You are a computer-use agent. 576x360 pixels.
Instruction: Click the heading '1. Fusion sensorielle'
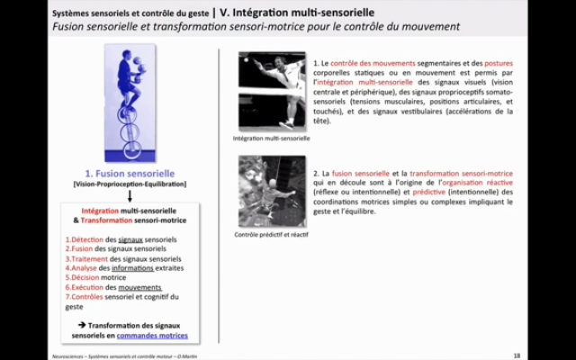tap(130, 173)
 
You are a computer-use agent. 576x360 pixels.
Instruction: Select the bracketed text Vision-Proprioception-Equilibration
tap(130, 184)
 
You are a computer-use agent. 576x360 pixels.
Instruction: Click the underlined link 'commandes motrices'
tap(152, 335)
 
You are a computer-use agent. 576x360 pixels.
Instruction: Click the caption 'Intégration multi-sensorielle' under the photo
tap(271, 139)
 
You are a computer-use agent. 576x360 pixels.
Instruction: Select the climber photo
tap(271, 191)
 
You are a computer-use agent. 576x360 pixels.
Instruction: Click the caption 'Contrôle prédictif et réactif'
tap(271, 234)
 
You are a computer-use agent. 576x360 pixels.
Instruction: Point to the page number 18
tap(517, 355)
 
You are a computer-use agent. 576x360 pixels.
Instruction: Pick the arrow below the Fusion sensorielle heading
tap(130, 195)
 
